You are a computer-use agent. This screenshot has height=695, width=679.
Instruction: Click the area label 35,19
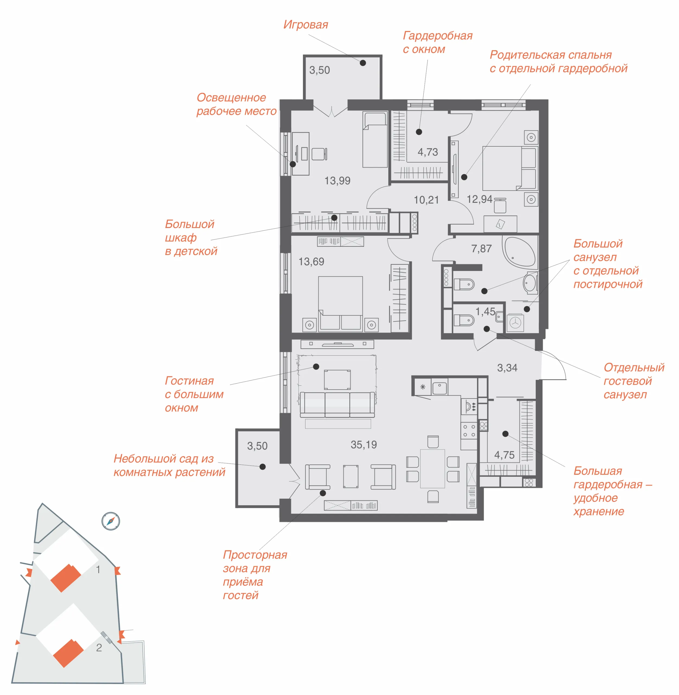click(x=364, y=445)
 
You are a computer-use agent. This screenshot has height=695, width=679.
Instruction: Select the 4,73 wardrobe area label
click(x=428, y=152)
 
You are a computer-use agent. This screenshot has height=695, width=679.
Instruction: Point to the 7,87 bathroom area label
click(x=482, y=248)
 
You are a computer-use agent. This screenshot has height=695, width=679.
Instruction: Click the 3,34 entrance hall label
click(x=507, y=368)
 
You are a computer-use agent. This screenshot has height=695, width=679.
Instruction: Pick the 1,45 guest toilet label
click(x=485, y=312)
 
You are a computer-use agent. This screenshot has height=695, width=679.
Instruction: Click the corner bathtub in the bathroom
click(x=519, y=252)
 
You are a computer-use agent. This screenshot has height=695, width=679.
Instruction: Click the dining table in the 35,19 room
click(x=432, y=468)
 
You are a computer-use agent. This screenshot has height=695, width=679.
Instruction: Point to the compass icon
click(x=111, y=521)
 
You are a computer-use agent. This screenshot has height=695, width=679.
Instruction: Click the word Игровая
click(x=306, y=25)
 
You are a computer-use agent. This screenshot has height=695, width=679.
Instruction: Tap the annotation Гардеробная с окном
click(x=438, y=42)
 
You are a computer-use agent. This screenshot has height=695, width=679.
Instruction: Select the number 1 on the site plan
click(x=98, y=569)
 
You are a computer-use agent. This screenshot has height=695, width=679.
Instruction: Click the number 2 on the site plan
click(x=99, y=647)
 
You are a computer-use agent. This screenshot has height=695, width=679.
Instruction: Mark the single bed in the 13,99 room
click(x=375, y=140)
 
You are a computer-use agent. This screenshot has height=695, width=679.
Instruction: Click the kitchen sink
click(x=439, y=387)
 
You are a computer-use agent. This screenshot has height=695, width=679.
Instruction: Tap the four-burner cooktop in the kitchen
click(x=468, y=431)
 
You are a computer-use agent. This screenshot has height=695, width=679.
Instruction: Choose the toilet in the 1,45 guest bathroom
click(x=463, y=320)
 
